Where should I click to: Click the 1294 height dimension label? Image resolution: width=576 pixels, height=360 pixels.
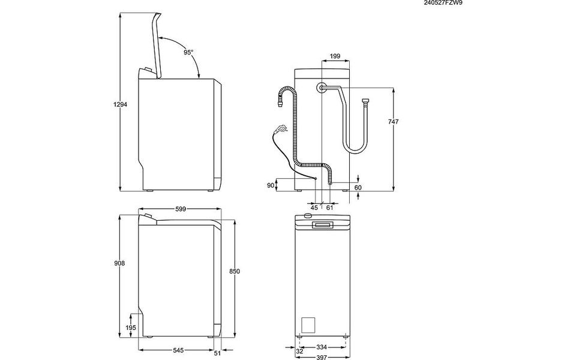[x=120, y=104]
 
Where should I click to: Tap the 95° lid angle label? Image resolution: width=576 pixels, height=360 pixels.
[x=188, y=53]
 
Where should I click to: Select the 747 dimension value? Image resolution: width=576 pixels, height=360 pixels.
[x=393, y=122]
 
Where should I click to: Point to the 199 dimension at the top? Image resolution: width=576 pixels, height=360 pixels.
[x=335, y=56]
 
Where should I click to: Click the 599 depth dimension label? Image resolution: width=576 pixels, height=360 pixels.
[x=181, y=209]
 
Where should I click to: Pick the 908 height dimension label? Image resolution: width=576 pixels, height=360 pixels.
[x=120, y=263]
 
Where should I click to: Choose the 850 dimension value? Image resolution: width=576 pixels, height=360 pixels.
[x=235, y=271]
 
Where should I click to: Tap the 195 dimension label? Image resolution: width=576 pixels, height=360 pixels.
[x=131, y=328]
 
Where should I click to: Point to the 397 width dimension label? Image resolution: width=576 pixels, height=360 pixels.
[x=322, y=357]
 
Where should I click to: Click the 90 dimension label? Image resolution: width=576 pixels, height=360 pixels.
[x=271, y=185]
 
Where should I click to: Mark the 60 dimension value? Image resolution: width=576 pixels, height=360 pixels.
[x=358, y=188]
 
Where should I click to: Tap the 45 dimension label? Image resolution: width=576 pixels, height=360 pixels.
[x=314, y=208]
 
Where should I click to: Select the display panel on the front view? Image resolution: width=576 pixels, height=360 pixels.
[x=323, y=225]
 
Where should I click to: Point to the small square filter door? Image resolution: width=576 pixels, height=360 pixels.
[x=308, y=325]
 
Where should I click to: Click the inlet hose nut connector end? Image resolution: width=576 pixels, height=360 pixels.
[x=365, y=101]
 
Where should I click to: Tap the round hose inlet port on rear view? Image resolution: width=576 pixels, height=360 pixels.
[x=322, y=88]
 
